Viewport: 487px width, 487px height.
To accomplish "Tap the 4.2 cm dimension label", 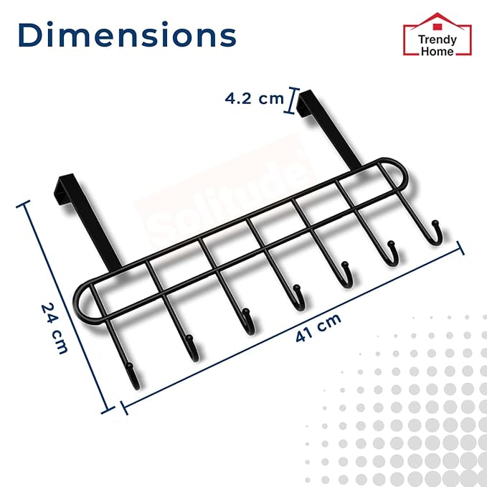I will (x=254, y=99).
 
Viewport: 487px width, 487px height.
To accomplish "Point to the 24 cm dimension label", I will (x=55, y=328).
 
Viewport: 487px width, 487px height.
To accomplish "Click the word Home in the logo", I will (x=436, y=52).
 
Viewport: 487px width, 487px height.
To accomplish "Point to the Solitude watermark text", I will (x=230, y=204).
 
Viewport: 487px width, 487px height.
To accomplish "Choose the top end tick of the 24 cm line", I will (x=27, y=205).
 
